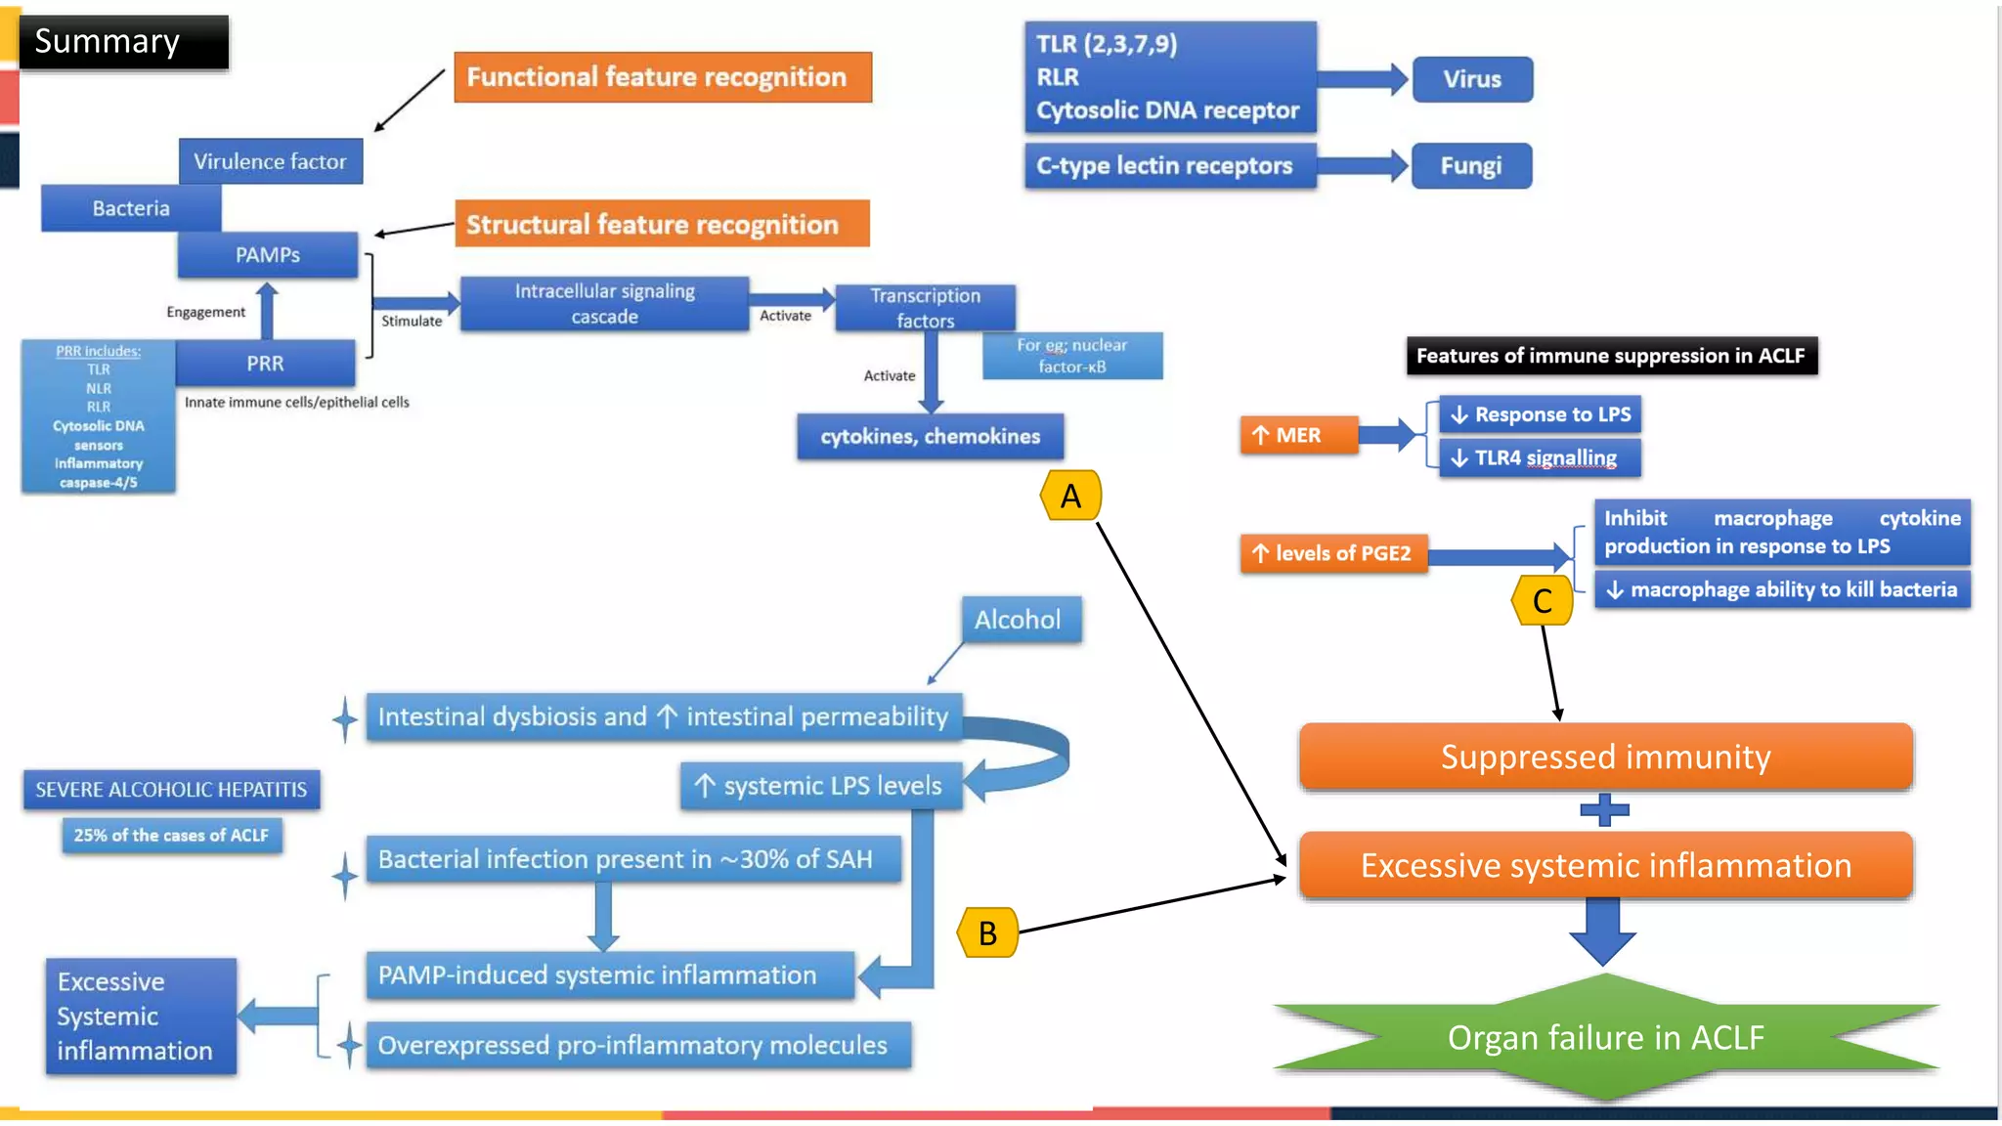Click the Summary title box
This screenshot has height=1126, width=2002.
122,42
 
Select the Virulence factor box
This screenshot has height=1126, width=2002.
270,161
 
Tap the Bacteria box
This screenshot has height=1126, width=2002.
131,208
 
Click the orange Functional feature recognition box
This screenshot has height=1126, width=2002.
662,77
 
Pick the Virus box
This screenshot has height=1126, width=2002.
1471,79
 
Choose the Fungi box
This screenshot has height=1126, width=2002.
1470,166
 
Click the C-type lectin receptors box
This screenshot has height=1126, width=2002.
1169,166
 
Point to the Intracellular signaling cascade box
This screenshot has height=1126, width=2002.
604,304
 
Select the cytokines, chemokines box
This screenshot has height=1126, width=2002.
930,437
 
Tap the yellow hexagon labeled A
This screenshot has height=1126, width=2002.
1070,496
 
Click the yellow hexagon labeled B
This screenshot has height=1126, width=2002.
987,932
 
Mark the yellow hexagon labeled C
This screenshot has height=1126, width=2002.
1542,600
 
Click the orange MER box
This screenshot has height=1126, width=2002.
1298,435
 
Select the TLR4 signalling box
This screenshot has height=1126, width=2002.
1539,457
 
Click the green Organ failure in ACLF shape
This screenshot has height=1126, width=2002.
1605,1037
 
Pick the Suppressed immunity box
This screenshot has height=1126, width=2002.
1604,757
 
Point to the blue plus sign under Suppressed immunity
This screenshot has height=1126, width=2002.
1604,809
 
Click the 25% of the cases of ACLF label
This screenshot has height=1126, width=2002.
171,836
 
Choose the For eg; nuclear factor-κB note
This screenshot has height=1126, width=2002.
1072,356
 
